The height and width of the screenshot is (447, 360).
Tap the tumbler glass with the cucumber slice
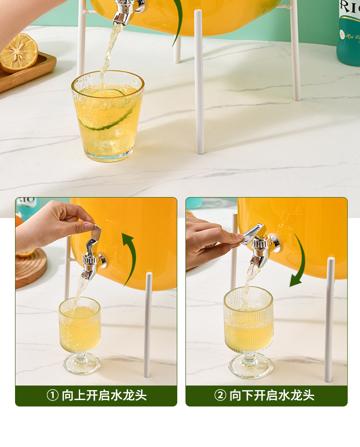[108, 116]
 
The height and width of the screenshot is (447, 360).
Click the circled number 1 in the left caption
[52, 396]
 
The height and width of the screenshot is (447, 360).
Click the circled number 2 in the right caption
[221, 396]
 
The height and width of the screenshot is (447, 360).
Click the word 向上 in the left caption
[74, 396]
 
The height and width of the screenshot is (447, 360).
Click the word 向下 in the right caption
[242, 396]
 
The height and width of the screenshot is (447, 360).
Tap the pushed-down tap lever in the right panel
[252, 234]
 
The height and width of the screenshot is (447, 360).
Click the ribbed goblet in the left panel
[80, 335]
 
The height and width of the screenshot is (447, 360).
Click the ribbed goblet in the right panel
[249, 332]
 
